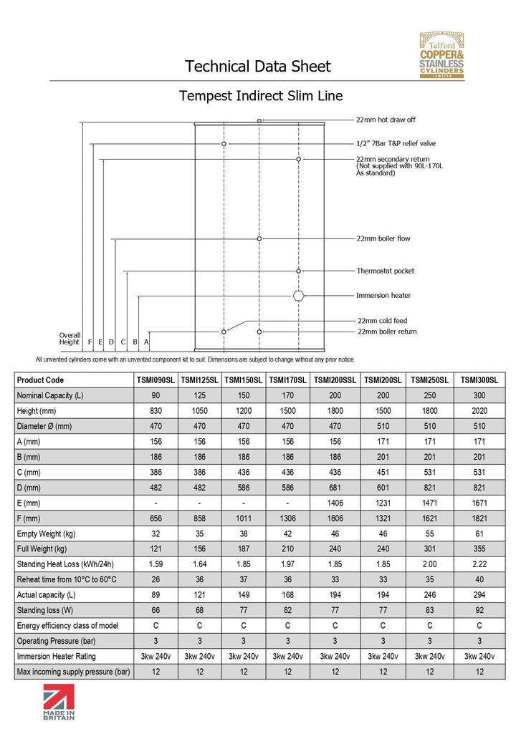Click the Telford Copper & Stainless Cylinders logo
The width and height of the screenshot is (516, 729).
(x=441, y=56)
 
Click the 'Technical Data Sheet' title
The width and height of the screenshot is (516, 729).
(x=258, y=67)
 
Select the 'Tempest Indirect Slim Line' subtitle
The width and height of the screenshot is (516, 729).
(x=261, y=96)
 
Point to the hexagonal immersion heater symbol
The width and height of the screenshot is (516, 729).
(x=299, y=295)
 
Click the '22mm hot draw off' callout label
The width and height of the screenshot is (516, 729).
(x=386, y=120)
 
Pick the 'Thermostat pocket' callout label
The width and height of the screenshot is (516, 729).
(x=386, y=271)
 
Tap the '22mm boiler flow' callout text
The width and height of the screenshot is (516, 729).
(x=383, y=238)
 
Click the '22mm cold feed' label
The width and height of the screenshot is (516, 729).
(x=382, y=321)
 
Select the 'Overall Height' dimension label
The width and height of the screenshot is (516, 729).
(x=70, y=339)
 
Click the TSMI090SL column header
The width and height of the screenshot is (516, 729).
(x=156, y=380)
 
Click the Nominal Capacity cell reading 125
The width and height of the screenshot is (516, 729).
(x=200, y=395)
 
